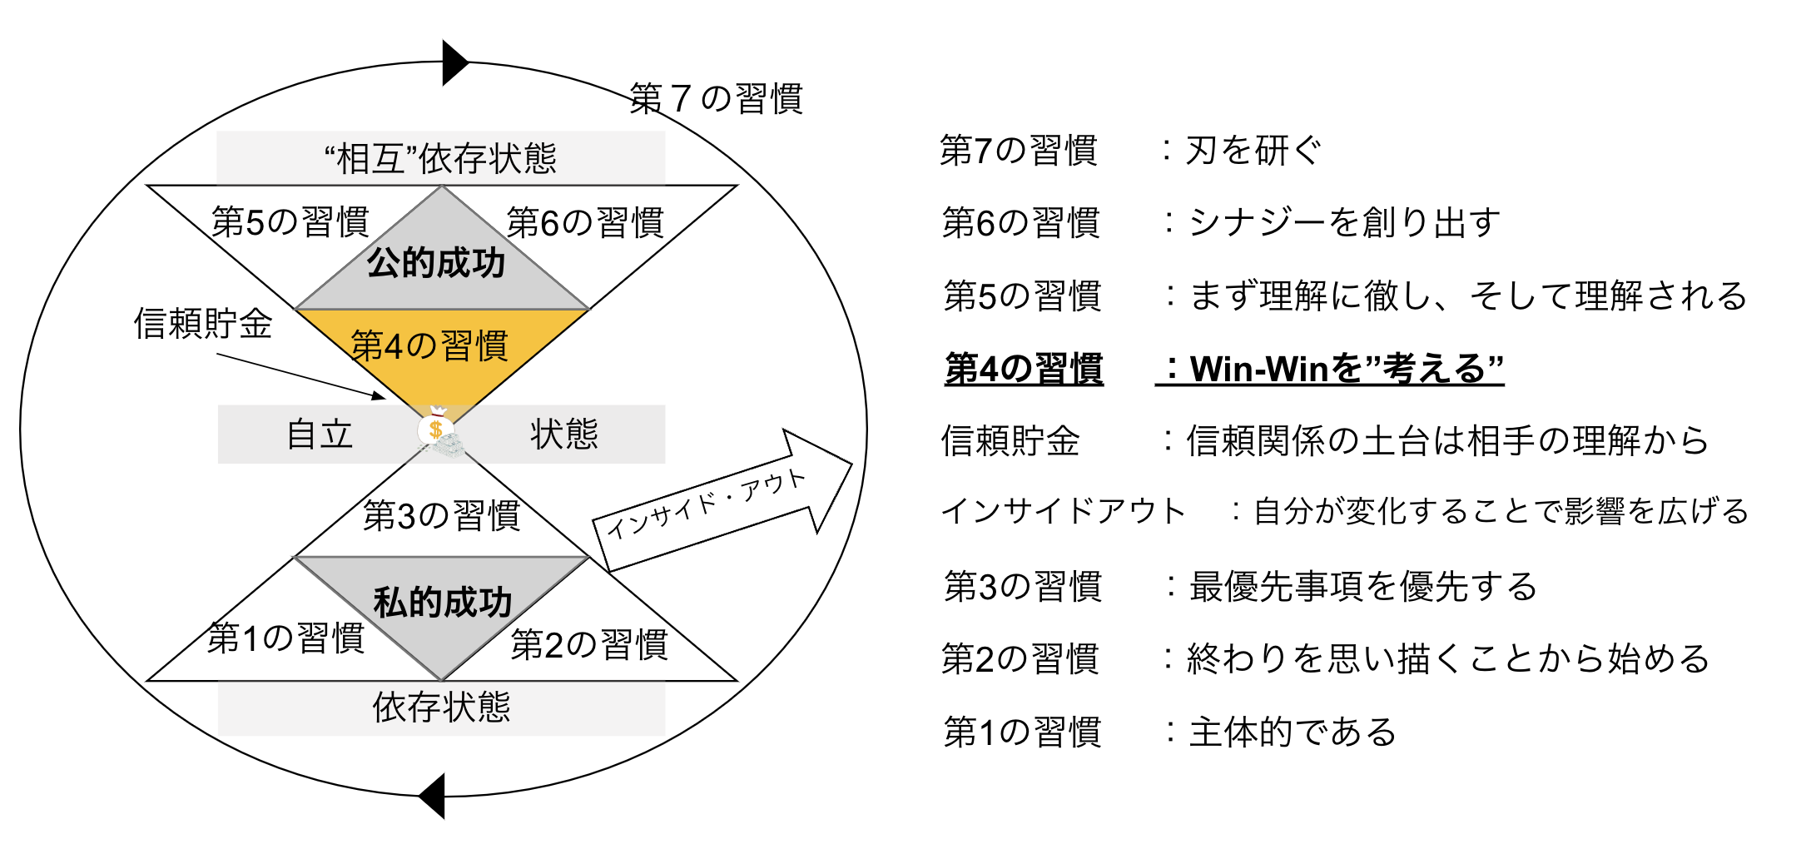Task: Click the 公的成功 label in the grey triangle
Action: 436,263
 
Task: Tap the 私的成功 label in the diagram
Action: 442,602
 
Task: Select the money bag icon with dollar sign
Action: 435,430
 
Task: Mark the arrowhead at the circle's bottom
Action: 433,796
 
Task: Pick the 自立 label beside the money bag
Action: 320,434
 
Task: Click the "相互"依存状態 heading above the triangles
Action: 440,158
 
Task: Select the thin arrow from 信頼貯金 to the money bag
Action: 300,375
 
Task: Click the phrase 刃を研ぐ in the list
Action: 1253,151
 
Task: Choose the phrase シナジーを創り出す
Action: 1344,223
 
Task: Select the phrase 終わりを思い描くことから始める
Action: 1448,659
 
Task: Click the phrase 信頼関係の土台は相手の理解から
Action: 1447,441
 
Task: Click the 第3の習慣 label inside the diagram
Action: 442,516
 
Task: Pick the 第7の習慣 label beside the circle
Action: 717,99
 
